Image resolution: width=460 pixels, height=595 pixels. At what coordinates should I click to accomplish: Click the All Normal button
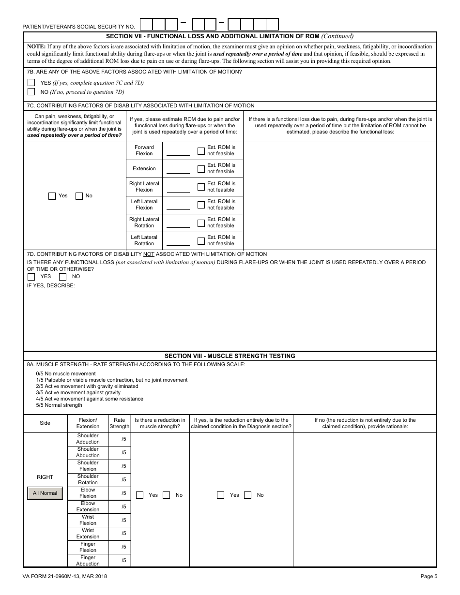click(45, 493)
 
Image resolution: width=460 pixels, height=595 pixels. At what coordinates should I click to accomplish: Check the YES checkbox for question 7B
click(31, 82)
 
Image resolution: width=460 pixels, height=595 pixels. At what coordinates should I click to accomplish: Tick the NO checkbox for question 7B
click(31, 91)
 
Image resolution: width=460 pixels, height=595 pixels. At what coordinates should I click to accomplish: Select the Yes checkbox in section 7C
click(52, 196)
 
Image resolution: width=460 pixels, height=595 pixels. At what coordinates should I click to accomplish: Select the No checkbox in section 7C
click(79, 196)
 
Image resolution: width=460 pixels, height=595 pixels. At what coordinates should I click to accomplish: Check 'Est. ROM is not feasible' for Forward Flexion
click(201, 150)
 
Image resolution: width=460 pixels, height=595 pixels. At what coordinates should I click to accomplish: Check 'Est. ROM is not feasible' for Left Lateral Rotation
click(201, 240)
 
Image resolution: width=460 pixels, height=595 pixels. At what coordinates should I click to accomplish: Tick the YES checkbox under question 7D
click(31, 277)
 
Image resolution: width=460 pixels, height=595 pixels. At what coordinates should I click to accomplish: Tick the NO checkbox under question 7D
click(62, 277)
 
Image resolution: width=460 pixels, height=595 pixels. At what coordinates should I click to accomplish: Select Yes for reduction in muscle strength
click(140, 495)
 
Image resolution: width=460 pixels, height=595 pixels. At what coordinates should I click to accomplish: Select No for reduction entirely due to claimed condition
click(248, 495)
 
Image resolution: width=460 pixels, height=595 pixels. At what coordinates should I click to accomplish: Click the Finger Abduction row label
click(88, 560)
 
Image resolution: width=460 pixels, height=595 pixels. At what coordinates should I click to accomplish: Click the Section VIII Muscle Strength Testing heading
click(230, 356)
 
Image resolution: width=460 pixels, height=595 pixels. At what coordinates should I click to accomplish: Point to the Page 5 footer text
click(429, 576)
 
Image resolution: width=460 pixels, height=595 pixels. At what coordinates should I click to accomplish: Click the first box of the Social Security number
click(146, 24)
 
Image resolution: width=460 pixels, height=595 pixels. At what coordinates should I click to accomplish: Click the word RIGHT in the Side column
click(45, 477)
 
